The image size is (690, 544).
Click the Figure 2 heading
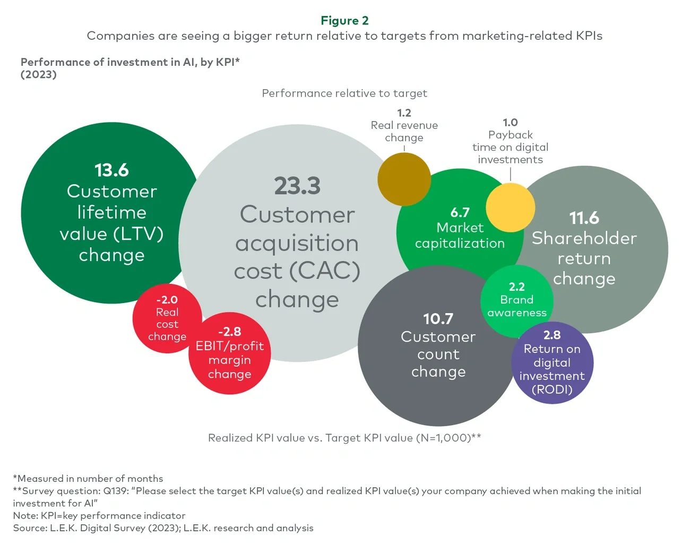[344, 21]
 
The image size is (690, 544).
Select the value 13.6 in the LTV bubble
[111, 170]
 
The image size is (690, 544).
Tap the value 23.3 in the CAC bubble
[297, 186]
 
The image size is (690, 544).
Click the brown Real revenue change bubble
[404, 179]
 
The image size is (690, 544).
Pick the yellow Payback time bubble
[510, 208]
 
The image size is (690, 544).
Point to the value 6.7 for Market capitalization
[460, 213]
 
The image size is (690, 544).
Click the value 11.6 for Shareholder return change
[584, 218]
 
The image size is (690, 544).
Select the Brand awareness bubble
[516, 301]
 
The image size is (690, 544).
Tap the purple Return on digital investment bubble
[552, 363]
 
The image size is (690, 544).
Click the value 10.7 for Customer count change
[438, 319]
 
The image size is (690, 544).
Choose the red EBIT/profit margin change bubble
[229, 353]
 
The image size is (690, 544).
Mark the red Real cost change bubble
[167, 318]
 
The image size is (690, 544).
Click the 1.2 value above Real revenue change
[404, 113]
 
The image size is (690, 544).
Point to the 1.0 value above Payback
[510, 123]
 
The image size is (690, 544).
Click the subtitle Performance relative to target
[344, 93]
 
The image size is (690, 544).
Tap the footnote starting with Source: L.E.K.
[163, 528]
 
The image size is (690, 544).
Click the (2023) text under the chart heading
[39, 75]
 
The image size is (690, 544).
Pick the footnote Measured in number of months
[88, 479]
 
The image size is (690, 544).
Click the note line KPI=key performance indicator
[99, 516]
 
